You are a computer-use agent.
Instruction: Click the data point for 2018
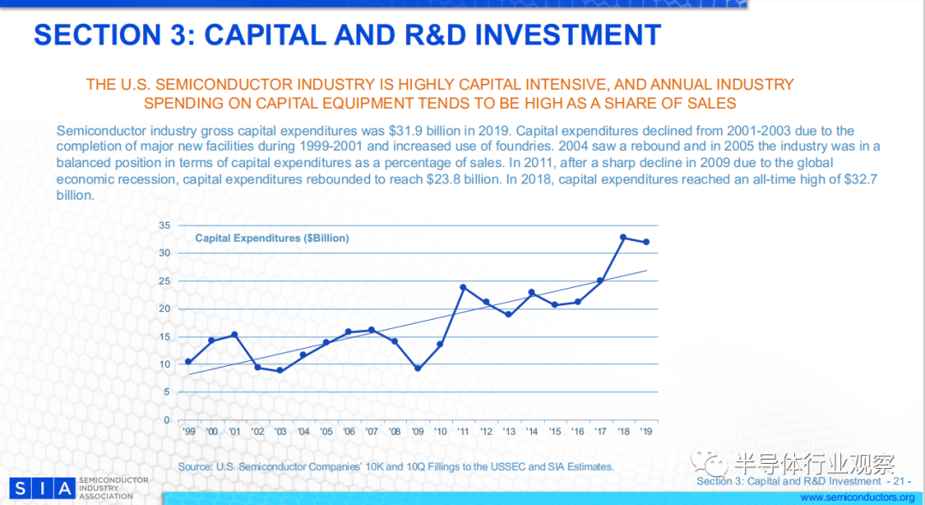click(x=623, y=237)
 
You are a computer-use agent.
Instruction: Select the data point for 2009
click(x=417, y=369)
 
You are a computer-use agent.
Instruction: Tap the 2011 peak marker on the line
click(x=462, y=287)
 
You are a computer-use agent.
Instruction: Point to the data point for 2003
click(x=279, y=370)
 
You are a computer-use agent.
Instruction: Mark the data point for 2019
click(x=646, y=242)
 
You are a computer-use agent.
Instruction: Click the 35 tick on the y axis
click(x=164, y=225)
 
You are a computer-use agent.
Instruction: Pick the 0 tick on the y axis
click(x=167, y=420)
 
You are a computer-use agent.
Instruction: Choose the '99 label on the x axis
click(x=188, y=432)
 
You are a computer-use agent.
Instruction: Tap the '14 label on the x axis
click(x=531, y=432)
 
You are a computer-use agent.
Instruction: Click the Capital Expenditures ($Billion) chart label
click(x=272, y=238)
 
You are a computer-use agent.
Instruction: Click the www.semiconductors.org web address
click(x=857, y=497)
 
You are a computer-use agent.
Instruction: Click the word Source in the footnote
click(x=194, y=466)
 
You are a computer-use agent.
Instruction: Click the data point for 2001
click(x=234, y=334)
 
